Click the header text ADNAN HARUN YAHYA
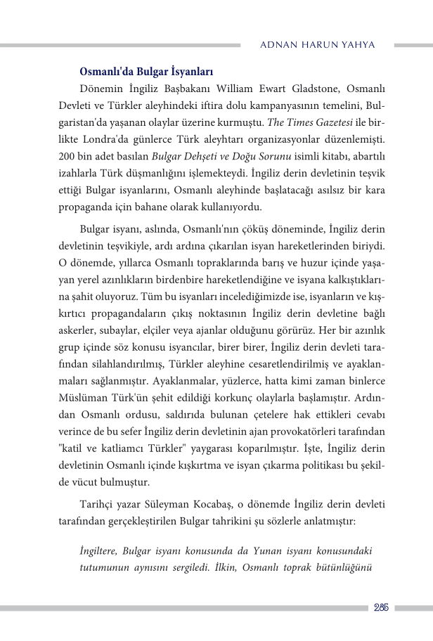(318, 45)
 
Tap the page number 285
(382, 607)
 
